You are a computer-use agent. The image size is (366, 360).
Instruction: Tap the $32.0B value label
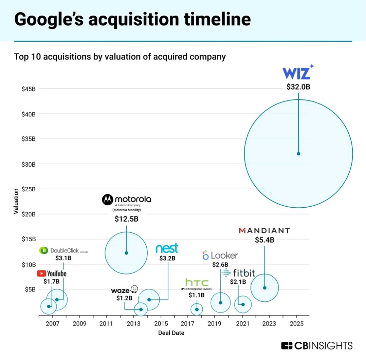[x=298, y=87]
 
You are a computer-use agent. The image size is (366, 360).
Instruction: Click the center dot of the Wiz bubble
[x=298, y=154]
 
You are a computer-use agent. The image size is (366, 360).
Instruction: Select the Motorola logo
[x=127, y=200]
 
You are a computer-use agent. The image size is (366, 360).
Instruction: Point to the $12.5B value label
[x=126, y=219]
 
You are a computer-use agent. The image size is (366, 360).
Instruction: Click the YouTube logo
[x=52, y=273]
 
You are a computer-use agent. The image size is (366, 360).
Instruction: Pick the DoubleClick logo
[x=63, y=251]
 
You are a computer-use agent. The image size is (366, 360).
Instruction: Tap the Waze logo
[x=125, y=290]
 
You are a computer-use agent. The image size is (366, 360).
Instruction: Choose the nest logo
[x=167, y=249]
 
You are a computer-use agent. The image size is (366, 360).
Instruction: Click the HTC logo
[x=197, y=282]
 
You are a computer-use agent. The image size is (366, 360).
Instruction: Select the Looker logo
[x=220, y=255]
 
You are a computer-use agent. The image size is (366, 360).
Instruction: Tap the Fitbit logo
[x=238, y=273]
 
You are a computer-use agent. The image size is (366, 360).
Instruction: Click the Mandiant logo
[x=264, y=231]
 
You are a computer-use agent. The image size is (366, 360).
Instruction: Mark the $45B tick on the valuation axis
[x=29, y=89]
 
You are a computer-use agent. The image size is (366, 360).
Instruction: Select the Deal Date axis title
[x=171, y=333]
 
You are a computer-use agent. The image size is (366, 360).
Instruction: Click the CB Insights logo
[x=317, y=346]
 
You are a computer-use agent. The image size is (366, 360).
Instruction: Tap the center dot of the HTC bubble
[x=197, y=309]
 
